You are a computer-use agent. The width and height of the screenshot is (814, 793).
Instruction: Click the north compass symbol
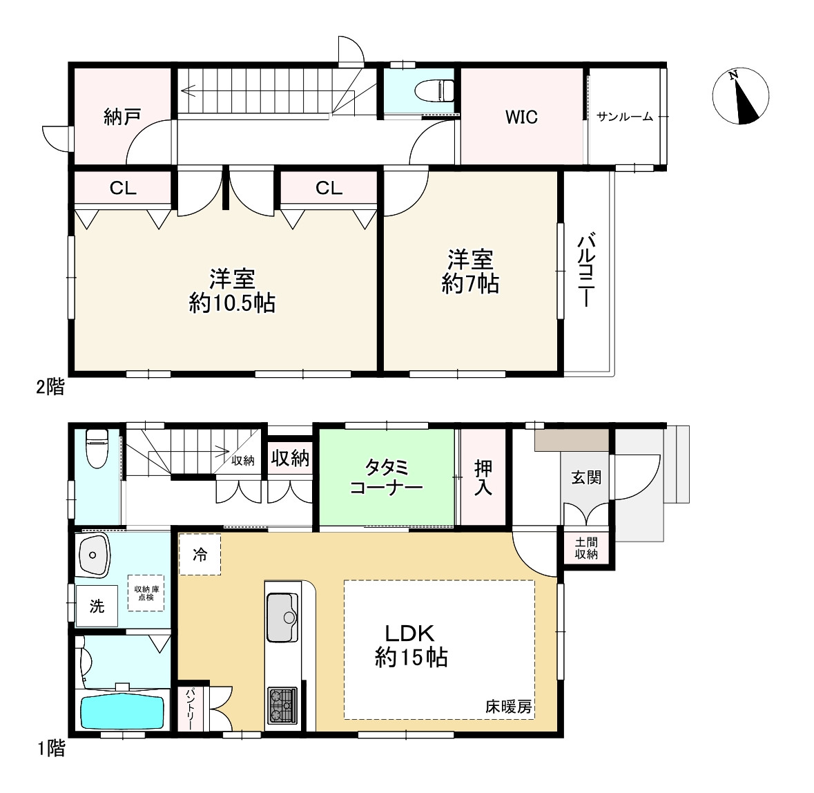coord(740,97)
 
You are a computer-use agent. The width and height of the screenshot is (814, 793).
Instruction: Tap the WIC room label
coord(521,117)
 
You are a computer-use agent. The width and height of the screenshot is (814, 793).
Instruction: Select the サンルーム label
coord(625,117)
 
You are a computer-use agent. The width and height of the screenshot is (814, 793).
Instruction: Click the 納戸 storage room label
coord(122,116)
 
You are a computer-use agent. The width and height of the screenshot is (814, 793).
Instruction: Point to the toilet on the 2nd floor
coord(434,91)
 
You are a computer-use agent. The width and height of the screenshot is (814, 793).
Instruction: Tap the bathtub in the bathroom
coord(122,712)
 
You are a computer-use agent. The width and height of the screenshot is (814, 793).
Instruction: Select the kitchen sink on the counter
coord(282,618)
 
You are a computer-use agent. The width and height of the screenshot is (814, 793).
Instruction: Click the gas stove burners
coord(282,705)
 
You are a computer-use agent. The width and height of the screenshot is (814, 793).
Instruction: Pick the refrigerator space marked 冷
coord(200,554)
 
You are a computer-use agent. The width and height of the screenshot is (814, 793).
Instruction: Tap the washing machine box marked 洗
coord(97,606)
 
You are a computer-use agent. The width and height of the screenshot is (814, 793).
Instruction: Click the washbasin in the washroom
coord(93,554)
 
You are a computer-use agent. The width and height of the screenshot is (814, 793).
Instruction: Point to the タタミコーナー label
coord(386,477)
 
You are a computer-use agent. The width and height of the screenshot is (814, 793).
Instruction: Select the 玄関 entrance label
coord(586,477)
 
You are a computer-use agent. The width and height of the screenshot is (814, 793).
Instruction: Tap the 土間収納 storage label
coord(586,548)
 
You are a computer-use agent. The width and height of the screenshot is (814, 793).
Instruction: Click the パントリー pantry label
coord(190,709)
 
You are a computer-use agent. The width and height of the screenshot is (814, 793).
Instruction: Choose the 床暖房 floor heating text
coord(508,707)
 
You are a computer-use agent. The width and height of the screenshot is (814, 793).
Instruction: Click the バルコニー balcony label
coord(586,271)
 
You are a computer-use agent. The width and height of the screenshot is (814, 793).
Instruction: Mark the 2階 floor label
coord(50,387)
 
